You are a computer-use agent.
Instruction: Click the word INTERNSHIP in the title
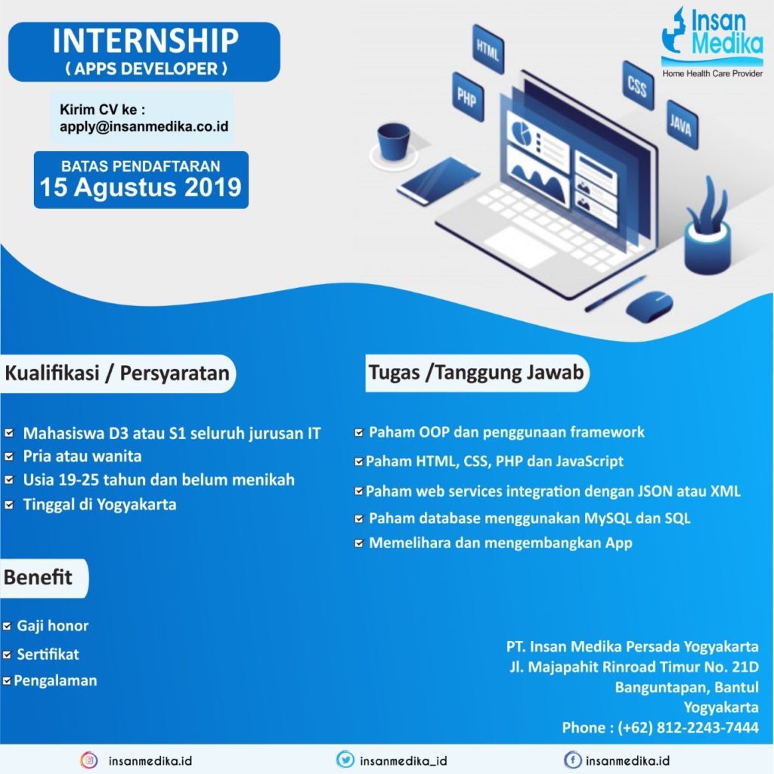(x=144, y=42)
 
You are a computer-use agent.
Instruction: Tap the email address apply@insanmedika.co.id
(x=144, y=126)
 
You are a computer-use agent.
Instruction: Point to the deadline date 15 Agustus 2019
(x=141, y=187)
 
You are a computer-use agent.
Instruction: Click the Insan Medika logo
(x=711, y=42)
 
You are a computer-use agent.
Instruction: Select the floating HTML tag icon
(x=488, y=49)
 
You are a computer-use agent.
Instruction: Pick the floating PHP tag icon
(x=466, y=98)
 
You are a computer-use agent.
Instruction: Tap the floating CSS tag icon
(x=637, y=87)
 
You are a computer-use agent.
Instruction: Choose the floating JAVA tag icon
(x=680, y=125)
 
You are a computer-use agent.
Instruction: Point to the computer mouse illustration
(x=649, y=306)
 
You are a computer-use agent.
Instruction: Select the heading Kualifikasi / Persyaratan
(x=117, y=374)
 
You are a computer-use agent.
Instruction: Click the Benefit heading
(x=39, y=578)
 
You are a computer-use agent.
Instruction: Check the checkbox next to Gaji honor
(x=8, y=627)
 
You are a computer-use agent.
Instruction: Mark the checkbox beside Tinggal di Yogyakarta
(x=10, y=505)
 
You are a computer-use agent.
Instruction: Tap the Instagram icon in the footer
(x=89, y=760)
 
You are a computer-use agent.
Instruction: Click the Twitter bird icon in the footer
(x=345, y=760)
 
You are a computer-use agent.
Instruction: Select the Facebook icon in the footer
(x=573, y=760)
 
